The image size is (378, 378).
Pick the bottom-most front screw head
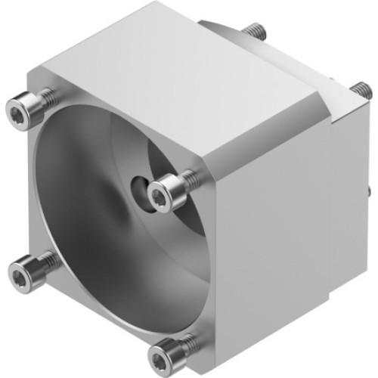(x=164, y=352)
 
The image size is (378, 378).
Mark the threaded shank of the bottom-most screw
(x=189, y=342)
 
